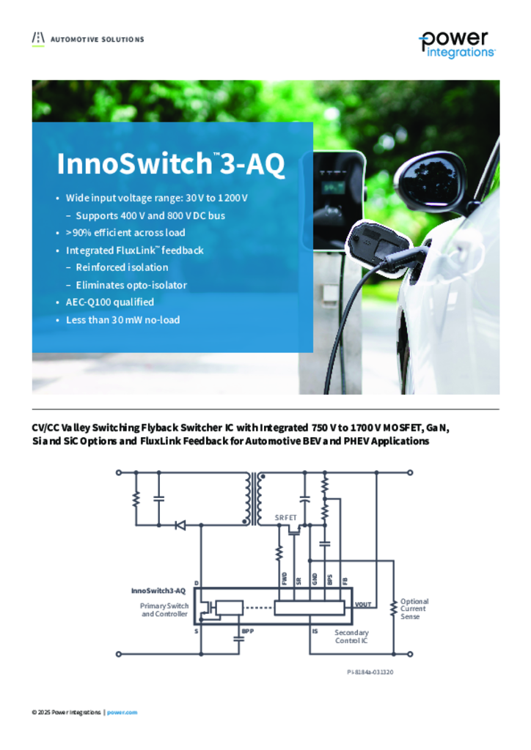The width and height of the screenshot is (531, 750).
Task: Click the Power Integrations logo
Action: click(457, 45)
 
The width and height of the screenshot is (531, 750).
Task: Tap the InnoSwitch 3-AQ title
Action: click(171, 163)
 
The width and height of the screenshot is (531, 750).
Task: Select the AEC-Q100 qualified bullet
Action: click(110, 302)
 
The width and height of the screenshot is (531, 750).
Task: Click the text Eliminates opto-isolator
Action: click(131, 285)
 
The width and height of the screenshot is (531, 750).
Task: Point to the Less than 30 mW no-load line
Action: click(123, 320)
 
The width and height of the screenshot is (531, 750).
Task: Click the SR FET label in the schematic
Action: click(285, 518)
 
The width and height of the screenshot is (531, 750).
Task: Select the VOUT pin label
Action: click(363, 604)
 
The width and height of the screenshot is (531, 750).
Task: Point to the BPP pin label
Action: click(248, 631)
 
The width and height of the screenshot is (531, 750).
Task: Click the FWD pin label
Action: click(285, 579)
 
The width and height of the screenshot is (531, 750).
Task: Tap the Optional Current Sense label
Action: click(414, 609)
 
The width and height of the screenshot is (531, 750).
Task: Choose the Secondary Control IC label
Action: click(351, 636)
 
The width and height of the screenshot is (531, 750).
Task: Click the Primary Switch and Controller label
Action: click(164, 610)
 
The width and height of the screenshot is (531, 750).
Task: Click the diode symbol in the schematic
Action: click(180, 525)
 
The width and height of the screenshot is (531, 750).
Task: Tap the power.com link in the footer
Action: click(122, 712)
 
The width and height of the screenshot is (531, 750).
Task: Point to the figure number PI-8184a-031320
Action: click(370, 672)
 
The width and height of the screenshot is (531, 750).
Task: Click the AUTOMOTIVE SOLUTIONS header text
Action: click(98, 40)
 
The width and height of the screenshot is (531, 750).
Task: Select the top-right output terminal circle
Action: click(410, 472)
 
